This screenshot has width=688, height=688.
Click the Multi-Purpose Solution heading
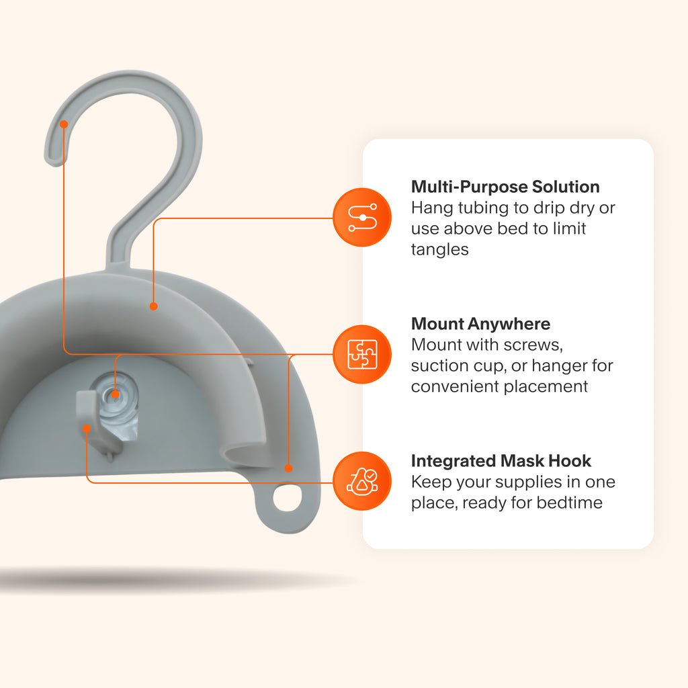pos(505,186)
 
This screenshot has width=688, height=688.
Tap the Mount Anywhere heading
pos(480,324)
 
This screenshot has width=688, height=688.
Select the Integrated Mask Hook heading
pos(501,461)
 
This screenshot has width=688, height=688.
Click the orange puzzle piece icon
pos(362,354)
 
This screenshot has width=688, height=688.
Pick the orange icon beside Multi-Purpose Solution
pos(362,217)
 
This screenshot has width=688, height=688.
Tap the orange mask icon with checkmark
pos(362,482)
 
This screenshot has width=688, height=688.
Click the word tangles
pos(439,250)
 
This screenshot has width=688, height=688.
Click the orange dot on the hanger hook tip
pos(64,124)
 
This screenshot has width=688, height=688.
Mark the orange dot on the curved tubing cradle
pos(153,306)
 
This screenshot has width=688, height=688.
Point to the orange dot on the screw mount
pos(116,395)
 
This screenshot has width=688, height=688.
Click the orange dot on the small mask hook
pos(86,427)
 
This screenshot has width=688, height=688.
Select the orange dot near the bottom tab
pos(288,468)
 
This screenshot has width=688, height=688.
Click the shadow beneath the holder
pos(168,579)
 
